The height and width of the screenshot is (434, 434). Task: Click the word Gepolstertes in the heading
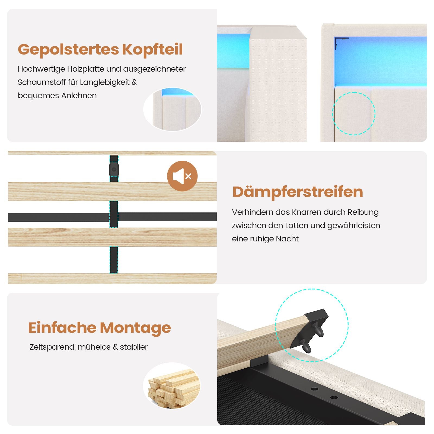[x=68, y=50]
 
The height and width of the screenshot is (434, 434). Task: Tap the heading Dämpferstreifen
[x=298, y=192]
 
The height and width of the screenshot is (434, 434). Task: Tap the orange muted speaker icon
[x=182, y=176]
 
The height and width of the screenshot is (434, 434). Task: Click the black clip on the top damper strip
[x=114, y=170]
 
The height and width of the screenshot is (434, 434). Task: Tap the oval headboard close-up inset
[x=173, y=109]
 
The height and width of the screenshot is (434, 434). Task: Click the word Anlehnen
[x=79, y=95]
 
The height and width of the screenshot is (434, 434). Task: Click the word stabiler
[x=134, y=347]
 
